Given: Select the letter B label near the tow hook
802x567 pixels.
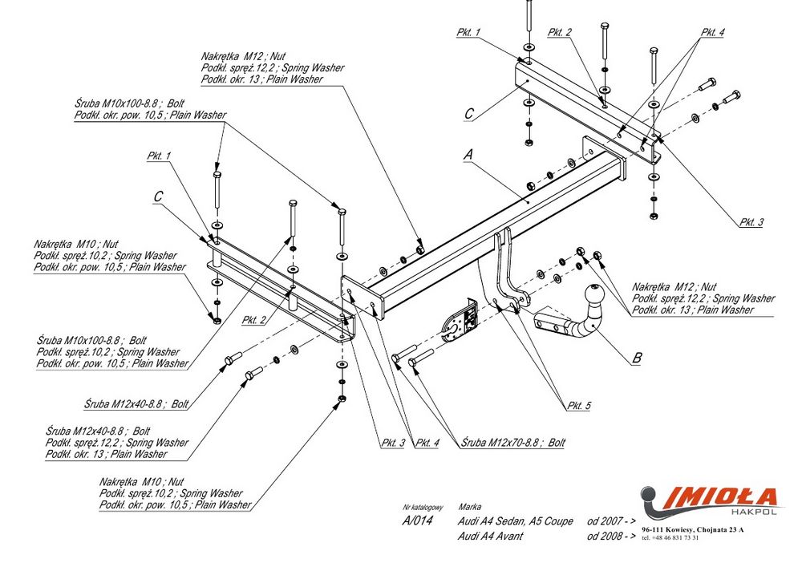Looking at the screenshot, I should (636, 358).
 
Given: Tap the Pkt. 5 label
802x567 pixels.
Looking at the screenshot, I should (577, 407).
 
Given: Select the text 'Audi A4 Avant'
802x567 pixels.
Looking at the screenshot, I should (490, 535).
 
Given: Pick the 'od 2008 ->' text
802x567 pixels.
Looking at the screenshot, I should (611, 535).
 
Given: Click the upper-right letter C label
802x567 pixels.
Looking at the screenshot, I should (469, 115).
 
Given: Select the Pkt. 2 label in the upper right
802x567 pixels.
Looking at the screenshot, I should (560, 32).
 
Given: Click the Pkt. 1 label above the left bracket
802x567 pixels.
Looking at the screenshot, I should (159, 155).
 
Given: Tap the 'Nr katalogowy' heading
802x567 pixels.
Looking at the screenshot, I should (423, 508).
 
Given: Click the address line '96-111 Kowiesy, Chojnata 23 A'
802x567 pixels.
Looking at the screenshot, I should (693, 530).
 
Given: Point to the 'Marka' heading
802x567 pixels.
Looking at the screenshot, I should (469, 508).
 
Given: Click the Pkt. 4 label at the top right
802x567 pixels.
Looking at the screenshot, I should (711, 32).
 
